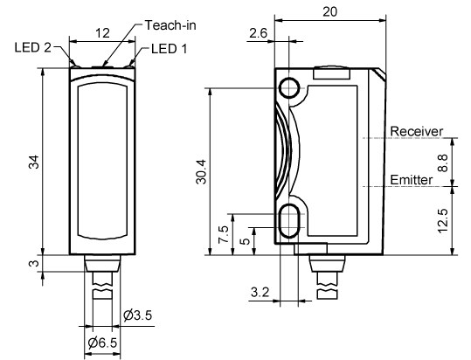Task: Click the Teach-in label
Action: [x=170, y=25]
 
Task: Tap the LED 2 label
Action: [x=33, y=47]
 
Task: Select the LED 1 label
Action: [x=170, y=49]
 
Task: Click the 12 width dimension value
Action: [x=103, y=33]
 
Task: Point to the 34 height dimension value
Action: [x=34, y=162]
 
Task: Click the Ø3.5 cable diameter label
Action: [x=137, y=315]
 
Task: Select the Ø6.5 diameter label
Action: [x=102, y=343]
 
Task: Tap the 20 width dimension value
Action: [x=330, y=11]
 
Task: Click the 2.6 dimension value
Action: [x=258, y=33]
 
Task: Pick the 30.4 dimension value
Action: [x=201, y=172]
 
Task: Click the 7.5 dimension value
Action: [x=224, y=234]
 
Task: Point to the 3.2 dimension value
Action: [x=260, y=292]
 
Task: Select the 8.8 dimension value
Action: [x=443, y=163]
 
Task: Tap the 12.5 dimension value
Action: [x=443, y=221]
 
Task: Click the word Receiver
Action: [x=416, y=131]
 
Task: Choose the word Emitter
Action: [x=412, y=180]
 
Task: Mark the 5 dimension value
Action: [x=246, y=241]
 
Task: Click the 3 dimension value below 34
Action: [x=34, y=263]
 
